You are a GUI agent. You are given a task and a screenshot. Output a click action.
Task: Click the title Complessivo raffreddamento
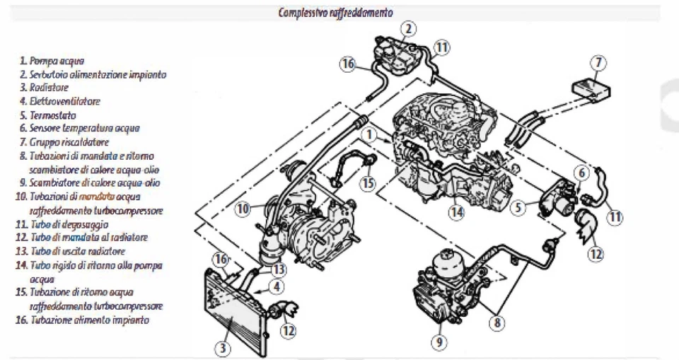(x=336, y=12)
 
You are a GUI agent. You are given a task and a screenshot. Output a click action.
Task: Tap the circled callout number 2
(x=408, y=29)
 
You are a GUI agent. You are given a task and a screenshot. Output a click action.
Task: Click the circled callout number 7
(x=598, y=64)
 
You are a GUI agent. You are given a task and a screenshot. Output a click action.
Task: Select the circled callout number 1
(x=368, y=134)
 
